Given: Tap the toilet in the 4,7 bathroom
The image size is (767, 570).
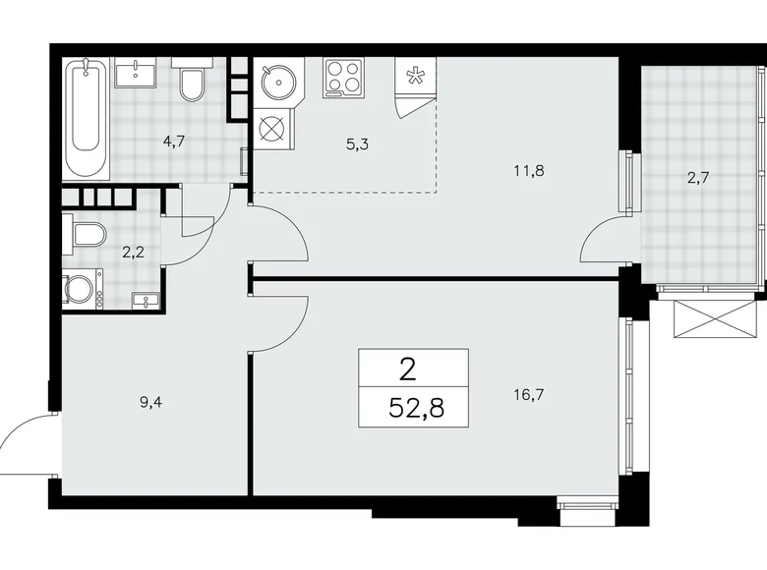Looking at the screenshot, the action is [x=192, y=80].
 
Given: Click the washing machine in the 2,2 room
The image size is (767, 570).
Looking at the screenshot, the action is [x=83, y=289].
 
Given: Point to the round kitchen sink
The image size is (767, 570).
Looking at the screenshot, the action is [x=277, y=81].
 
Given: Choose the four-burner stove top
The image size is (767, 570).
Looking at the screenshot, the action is [x=343, y=79].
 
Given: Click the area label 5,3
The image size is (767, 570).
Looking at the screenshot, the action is [x=358, y=144].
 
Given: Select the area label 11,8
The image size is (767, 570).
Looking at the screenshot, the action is [x=529, y=171].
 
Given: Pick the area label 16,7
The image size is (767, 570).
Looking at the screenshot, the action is [x=529, y=394].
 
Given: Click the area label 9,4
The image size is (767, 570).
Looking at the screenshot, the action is [x=150, y=403].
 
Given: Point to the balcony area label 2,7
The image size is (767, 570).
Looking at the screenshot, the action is [x=698, y=178].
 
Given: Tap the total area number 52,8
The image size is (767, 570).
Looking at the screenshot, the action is [x=416, y=407].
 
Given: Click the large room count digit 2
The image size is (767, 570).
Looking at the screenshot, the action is [x=408, y=370].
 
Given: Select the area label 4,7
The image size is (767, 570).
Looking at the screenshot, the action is [x=174, y=142].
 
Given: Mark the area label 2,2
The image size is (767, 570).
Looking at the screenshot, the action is [x=133, y=254].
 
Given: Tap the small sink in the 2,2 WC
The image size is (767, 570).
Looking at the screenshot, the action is [x=146, y=300].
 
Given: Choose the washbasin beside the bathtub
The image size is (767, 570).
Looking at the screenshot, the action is [x=136, y=73].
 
